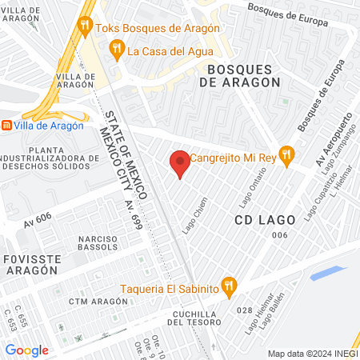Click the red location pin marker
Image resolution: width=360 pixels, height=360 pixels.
click(x=180, y=162)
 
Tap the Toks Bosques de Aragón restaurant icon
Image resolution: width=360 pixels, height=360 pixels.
click(x=85, y=28)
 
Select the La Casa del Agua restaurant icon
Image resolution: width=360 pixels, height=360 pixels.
click(x=117, y=50)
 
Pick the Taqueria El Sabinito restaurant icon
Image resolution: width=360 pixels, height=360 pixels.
click(x=230, y=286)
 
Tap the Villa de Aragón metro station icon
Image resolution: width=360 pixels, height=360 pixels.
click(x=6, y=126)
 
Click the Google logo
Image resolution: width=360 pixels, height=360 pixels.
click(x=26, y=350)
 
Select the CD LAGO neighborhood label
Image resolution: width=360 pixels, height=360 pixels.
click(x=265, y=218)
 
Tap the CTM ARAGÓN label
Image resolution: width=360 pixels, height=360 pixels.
click(x=98, y=301)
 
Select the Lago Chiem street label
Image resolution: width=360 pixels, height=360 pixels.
click(x=194, y=214)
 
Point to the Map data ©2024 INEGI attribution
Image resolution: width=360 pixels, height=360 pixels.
click(x=311, y=353)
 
